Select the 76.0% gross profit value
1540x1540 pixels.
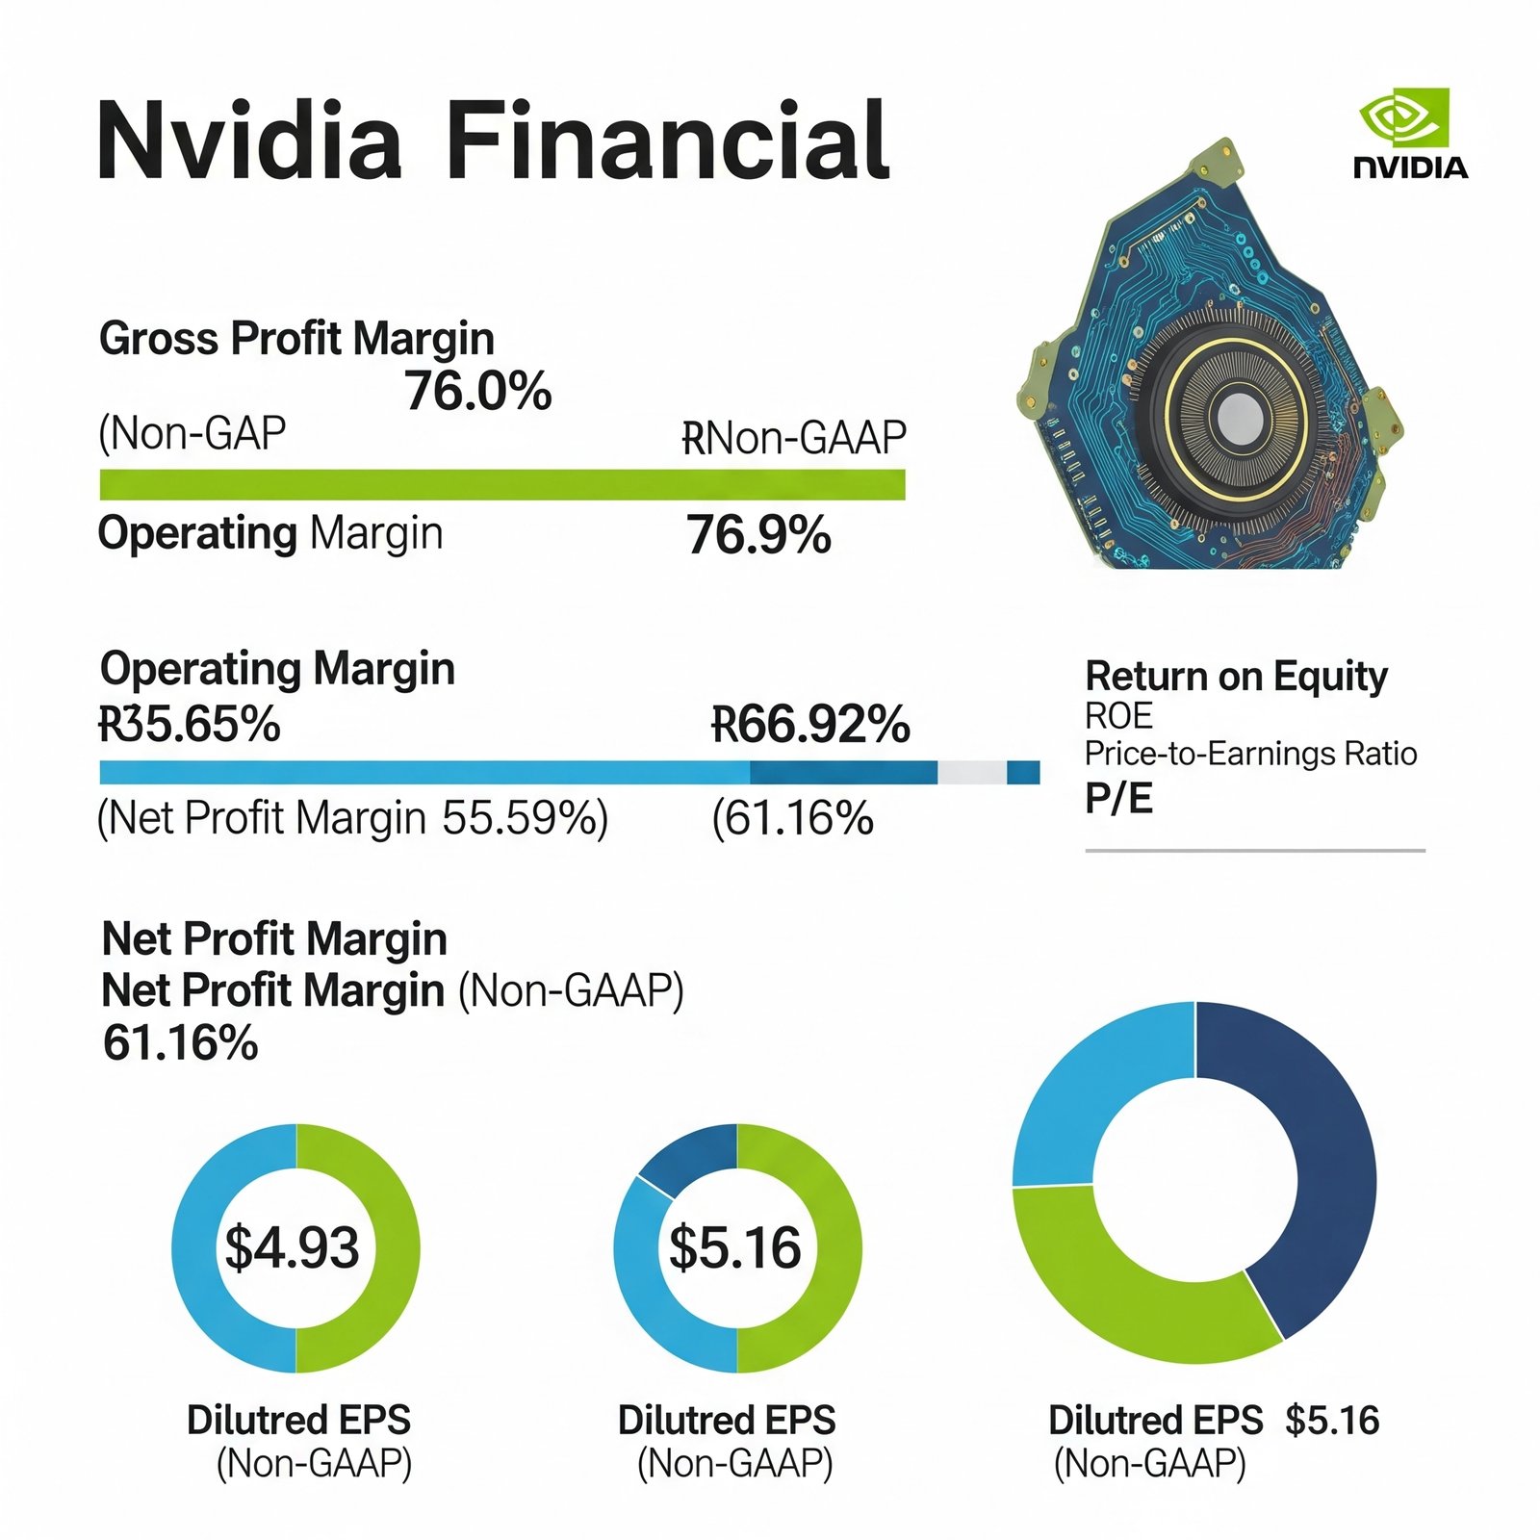[x=478, y=391]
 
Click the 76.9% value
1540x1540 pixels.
[x=758, y=535]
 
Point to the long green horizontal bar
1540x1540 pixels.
[x=501, y=485]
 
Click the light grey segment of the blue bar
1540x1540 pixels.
[x=972, y=772]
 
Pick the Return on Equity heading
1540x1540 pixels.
[x=1236, y=677]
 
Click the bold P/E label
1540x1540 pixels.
[x=1118, y=799]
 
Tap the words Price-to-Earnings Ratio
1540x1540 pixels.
[x=1250, y=754]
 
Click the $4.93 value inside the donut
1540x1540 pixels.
[x=292, y=1247]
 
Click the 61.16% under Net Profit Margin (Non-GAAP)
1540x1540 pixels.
[x=180, y=1043]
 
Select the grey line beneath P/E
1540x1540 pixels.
[x=1254, y=851]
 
